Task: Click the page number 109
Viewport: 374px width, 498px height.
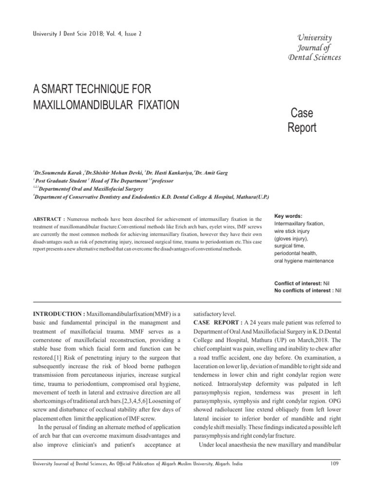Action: pos(334,463)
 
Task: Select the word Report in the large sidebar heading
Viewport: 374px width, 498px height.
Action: pos(301,127)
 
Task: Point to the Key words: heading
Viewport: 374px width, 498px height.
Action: pos(288,215)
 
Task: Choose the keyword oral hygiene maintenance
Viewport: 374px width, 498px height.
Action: pos(304,261)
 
